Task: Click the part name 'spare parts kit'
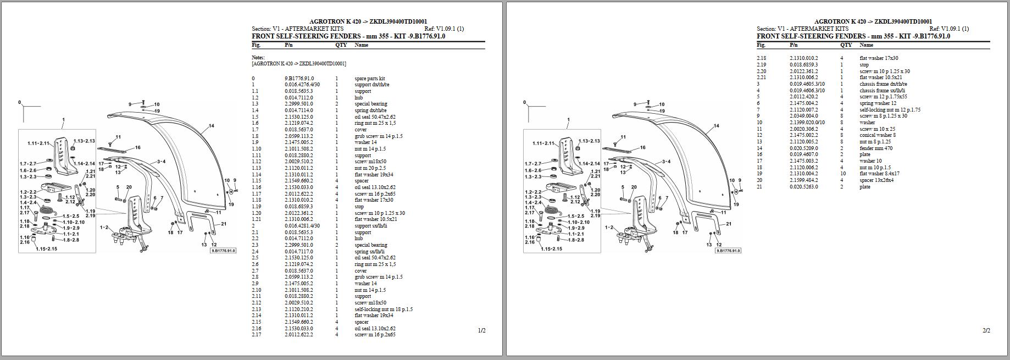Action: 369,79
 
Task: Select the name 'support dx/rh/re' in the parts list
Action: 371,85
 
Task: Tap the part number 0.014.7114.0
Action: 298,110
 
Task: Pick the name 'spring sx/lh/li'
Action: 369,252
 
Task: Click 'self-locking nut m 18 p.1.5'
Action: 384,309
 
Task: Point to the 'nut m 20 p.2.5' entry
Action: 370,168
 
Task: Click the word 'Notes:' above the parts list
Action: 258,57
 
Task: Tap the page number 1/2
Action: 482,330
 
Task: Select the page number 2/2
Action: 986,330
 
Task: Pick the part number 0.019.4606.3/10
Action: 807,91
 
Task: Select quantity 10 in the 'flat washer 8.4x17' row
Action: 843,174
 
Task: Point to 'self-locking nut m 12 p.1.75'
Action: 890,110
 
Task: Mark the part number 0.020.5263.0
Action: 804,187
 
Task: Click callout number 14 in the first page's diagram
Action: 212,126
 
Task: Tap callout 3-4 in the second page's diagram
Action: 666,162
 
